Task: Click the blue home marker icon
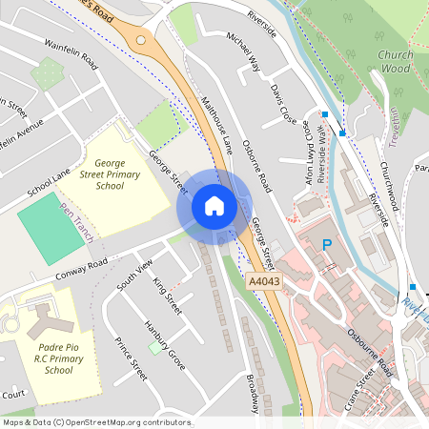tap(214, 206)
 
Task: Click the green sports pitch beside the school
tap(51, 222)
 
